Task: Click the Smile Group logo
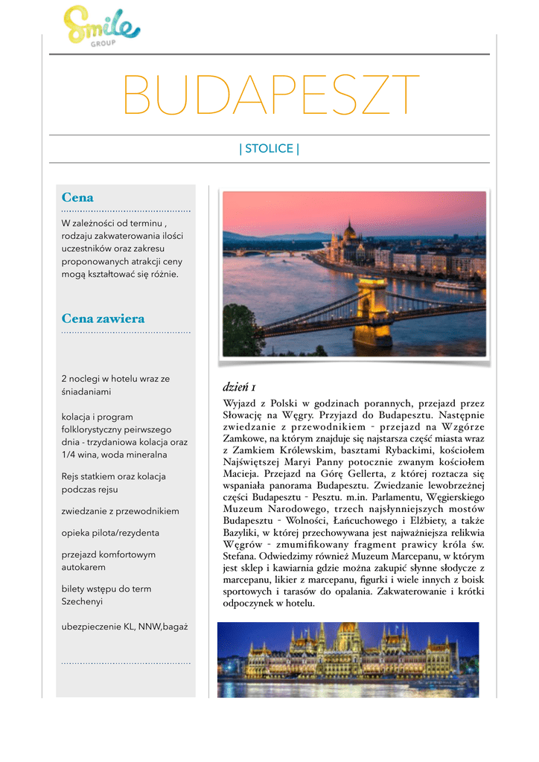pos(101,26)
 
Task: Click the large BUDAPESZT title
pos(270,96)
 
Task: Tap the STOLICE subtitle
pos(269,149)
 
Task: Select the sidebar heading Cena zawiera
pos(103,318)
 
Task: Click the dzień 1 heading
pos(240,388)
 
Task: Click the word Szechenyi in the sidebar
pos(82,601)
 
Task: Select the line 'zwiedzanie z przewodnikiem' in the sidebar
pos(121,511)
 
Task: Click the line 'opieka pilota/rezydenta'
pos(110,533)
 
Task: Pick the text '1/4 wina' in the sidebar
pos(79,455)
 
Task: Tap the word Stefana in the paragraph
pos(240,556)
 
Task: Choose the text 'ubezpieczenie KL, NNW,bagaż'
pos(125,627)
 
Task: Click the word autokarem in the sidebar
pos(84,567)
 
